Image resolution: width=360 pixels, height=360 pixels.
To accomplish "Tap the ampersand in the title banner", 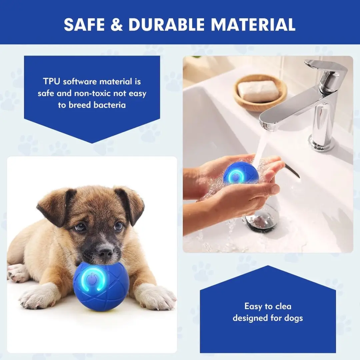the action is tap(117, 24).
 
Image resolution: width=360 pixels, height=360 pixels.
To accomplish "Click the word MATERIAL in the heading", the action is tap(253, 24).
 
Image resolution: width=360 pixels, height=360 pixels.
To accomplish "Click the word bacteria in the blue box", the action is tap(110, 105).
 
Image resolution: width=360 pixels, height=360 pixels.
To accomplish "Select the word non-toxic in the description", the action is tap(100, 93).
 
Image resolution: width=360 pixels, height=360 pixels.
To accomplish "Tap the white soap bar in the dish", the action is tap(258, 91).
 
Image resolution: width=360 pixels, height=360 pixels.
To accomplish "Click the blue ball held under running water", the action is tap(241, 174).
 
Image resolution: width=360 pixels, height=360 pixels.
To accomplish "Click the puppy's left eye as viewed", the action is tap(80, 227).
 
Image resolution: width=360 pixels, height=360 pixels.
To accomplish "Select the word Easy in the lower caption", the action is tap(253, 306).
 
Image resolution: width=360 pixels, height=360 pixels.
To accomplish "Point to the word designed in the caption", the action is tap(250, 318).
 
